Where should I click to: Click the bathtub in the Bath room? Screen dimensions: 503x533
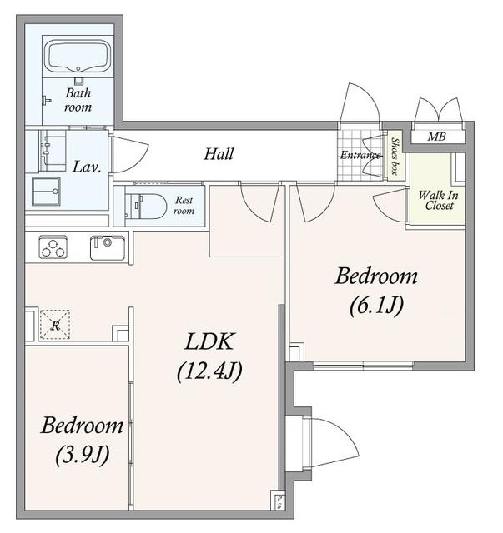coord(78,57)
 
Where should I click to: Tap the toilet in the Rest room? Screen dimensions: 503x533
coord(146,206)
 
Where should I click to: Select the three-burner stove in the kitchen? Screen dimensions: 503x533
coord(53,247)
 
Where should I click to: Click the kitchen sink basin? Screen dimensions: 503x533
coord(108,247)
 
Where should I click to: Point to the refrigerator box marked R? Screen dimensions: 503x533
coord(55,325)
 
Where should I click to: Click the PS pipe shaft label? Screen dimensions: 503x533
coord(279,502)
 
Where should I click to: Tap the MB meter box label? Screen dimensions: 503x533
coord(436,137)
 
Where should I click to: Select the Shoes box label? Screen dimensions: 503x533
coord(395,156)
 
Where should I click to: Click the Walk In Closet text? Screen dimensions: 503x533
coord(439,200)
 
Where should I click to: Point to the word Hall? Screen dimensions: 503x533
coord(219,154)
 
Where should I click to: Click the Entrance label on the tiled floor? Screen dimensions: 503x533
coord(360,156)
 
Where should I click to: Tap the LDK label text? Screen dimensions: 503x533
coord(209,341)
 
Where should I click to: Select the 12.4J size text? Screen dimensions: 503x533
coord(209,371)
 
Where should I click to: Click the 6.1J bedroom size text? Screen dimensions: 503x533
coord(377,306)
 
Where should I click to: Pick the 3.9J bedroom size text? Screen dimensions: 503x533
coord(83,455)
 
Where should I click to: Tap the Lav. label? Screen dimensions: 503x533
coord(87,167)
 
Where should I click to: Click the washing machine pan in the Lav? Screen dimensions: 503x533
coord(46,192)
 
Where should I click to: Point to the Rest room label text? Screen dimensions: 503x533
coord(184,206)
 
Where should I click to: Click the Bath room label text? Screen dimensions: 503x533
coord(78,100)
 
